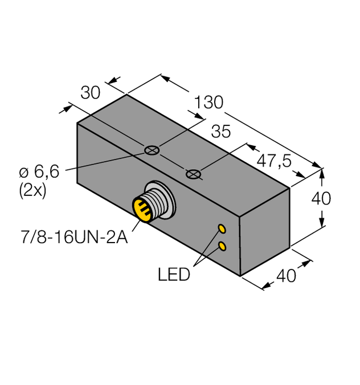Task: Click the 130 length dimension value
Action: click(x=208, y=103)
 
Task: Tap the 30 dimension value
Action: click(x=91, y=93)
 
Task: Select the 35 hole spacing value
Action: click(x=220, y=132)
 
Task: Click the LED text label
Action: click(x=174, y=275)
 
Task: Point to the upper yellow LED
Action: click(x=222, y=229)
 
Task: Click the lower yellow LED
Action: click(x=222, y=246)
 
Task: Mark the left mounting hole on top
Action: click(x=151, y=150)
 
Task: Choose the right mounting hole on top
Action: click(x=194, y=173)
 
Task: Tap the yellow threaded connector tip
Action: click(x=143, y=209)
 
